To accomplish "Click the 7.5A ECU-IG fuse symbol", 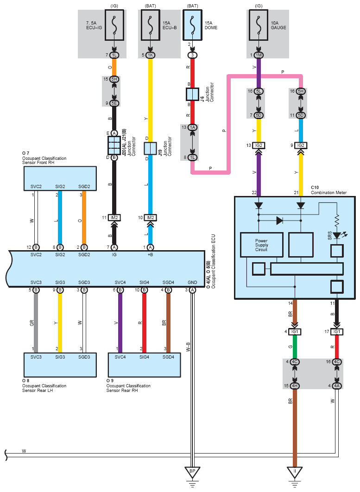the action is (114, 25).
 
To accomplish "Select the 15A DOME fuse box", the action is (192, 25).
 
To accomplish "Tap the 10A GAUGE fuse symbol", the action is (259, 25).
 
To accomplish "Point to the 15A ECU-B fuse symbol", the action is (150, 25).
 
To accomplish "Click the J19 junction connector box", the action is (150, 148).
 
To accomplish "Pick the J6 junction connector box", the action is (192, 94).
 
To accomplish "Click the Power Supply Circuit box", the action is (261, 245).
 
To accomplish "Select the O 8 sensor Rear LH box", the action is (60, 365).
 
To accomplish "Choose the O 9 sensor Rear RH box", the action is (145, 365).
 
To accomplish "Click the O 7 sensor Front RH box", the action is (60, 178).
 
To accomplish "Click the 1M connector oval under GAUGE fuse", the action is (259, 55).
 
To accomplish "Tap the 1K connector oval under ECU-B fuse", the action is (150, 55).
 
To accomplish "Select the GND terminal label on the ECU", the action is (192, 283).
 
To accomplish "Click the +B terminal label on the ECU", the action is (150, 254).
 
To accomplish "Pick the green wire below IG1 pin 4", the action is (295, 347).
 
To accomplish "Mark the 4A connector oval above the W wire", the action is (337, 386).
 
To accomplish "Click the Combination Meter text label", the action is (328, 192).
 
